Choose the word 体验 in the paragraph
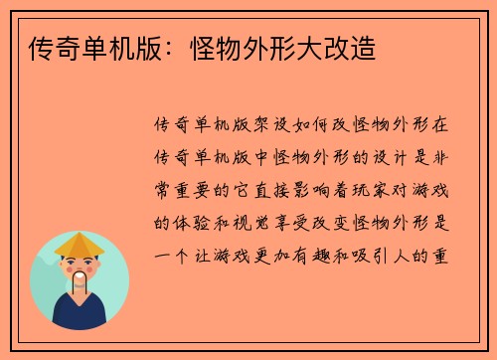coord(187,222)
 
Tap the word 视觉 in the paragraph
coord(248,222)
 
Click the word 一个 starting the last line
coord(166,254)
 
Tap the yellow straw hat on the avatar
coord(81,243)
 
